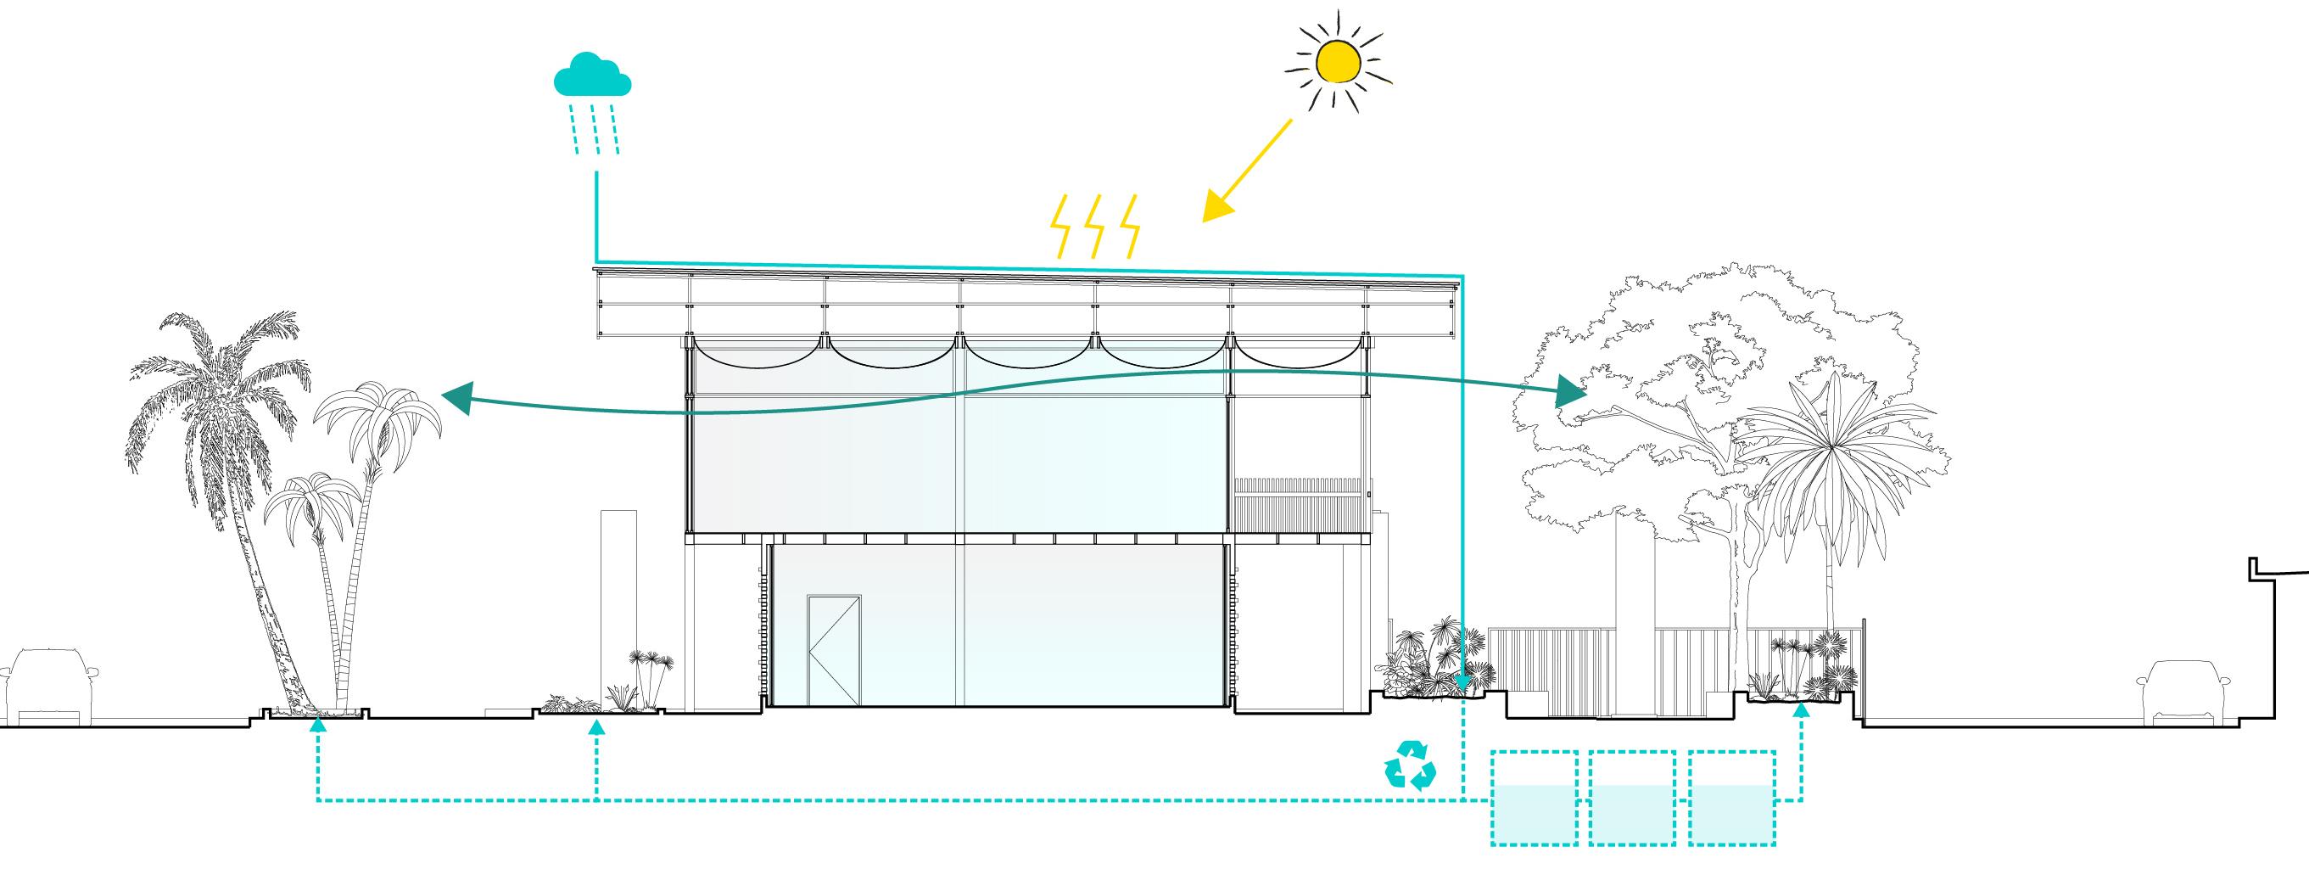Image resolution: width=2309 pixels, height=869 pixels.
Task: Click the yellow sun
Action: click(x=1339, y=60)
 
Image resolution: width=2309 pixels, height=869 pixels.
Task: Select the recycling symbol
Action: click(x=1410, y=764)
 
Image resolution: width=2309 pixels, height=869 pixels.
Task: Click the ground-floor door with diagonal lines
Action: click(x=834, y=649)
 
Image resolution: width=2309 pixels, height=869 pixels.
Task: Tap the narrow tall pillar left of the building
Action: click(x=618, y=610)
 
